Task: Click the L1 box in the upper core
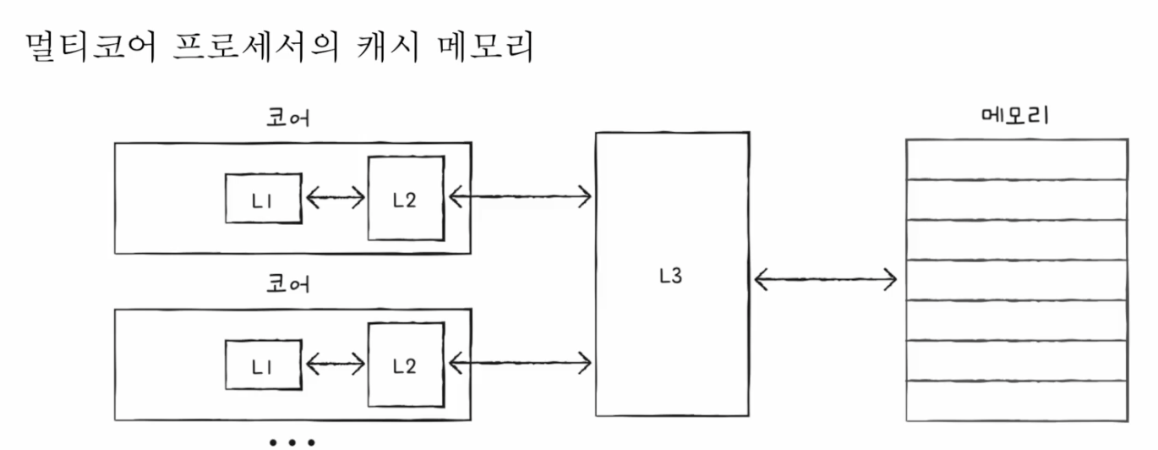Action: [x=263, y=199]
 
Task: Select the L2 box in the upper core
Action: [x=406, y=199]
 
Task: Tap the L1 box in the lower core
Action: [x=263, y=365]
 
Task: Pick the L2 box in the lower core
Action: [x=406, y=365]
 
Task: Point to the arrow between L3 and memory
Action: [x=825, y=277]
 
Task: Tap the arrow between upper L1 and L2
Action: [x=335, y=199]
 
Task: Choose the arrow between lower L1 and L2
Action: [x=335, y=365]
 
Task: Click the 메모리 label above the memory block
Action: [x=1015, y=116]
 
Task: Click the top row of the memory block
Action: [x=1017, y=158]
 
